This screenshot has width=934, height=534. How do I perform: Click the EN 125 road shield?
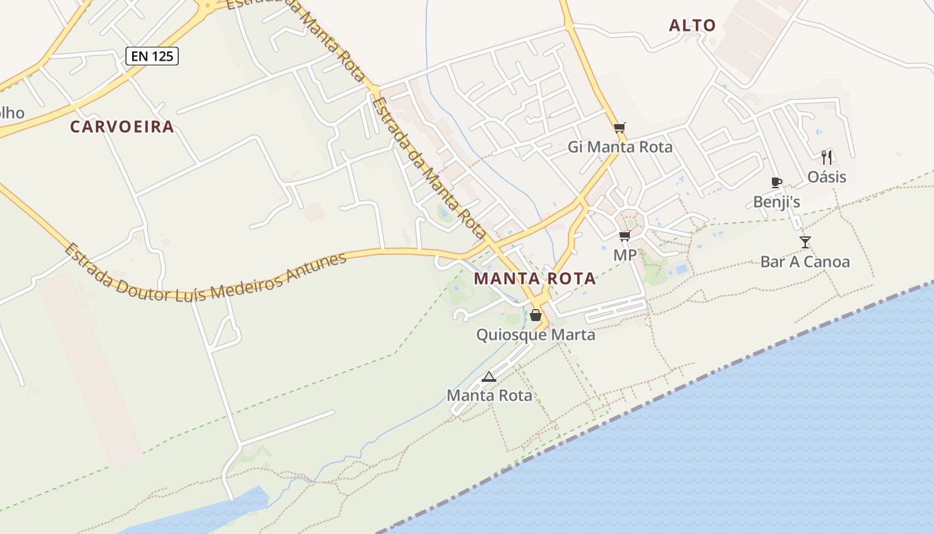point(152,56)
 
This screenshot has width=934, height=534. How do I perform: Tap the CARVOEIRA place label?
point(122,127)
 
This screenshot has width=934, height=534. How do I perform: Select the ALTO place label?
point(692,26)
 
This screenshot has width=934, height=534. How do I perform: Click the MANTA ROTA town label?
point(535,279)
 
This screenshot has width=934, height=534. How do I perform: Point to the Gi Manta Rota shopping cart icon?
point(620,128)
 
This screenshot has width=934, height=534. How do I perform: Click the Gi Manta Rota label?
point(620,147)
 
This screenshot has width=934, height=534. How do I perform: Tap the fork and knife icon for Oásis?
point(827,158)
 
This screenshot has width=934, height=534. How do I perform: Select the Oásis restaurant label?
point(827,177)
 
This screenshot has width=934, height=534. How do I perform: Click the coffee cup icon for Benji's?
point(776,182)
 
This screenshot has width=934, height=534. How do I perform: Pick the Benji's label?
point(776,202)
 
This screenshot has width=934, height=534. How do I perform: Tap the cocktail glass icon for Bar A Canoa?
point(805,242)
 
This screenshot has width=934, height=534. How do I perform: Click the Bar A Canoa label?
point(805,262)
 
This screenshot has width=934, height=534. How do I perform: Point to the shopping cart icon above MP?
point(624,236)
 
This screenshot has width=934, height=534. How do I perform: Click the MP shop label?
point(624,255)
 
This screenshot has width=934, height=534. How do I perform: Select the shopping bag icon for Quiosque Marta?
point(535,315)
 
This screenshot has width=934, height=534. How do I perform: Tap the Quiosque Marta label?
point(535,334)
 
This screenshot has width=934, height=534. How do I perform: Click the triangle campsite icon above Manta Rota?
point(489,376)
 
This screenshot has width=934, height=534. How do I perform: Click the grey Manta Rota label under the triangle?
point(489,395)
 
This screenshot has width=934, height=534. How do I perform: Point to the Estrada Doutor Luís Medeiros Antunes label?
point(205,275)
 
